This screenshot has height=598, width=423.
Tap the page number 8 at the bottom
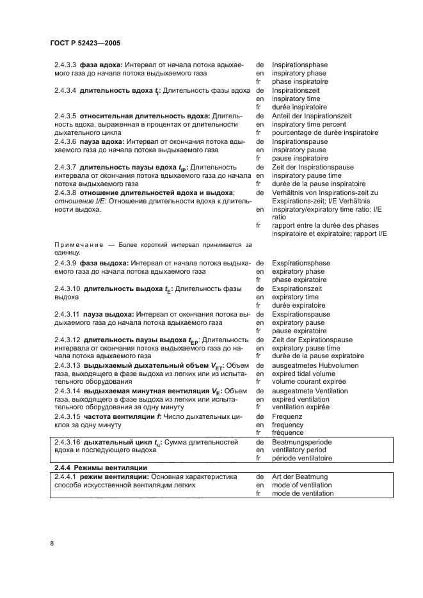coord(52,544)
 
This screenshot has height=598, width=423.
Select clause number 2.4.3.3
coord(65,65)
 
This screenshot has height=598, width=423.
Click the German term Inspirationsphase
coord(301,65)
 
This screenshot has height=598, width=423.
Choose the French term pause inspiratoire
coord(300,158)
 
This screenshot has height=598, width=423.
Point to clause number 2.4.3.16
coord(67,442)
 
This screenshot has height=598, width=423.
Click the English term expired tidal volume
coord(303,374)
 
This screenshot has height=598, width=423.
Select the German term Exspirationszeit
coord(299,289)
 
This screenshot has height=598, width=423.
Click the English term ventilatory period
coord(299,450)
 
